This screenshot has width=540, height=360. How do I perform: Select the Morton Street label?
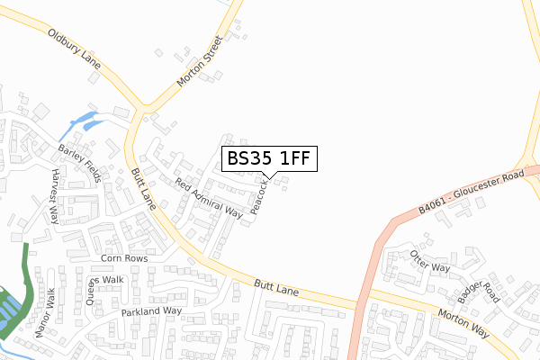[x=198, y=61]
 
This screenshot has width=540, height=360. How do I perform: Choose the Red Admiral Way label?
[x=209, y=199]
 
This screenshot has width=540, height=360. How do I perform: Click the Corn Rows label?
[x=123, y=258]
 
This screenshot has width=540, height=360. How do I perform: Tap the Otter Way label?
[x=429, y=261]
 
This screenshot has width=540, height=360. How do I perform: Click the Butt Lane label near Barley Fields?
[x=143, y=187]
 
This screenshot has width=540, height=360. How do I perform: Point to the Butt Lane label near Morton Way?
[x=274, y=290]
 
